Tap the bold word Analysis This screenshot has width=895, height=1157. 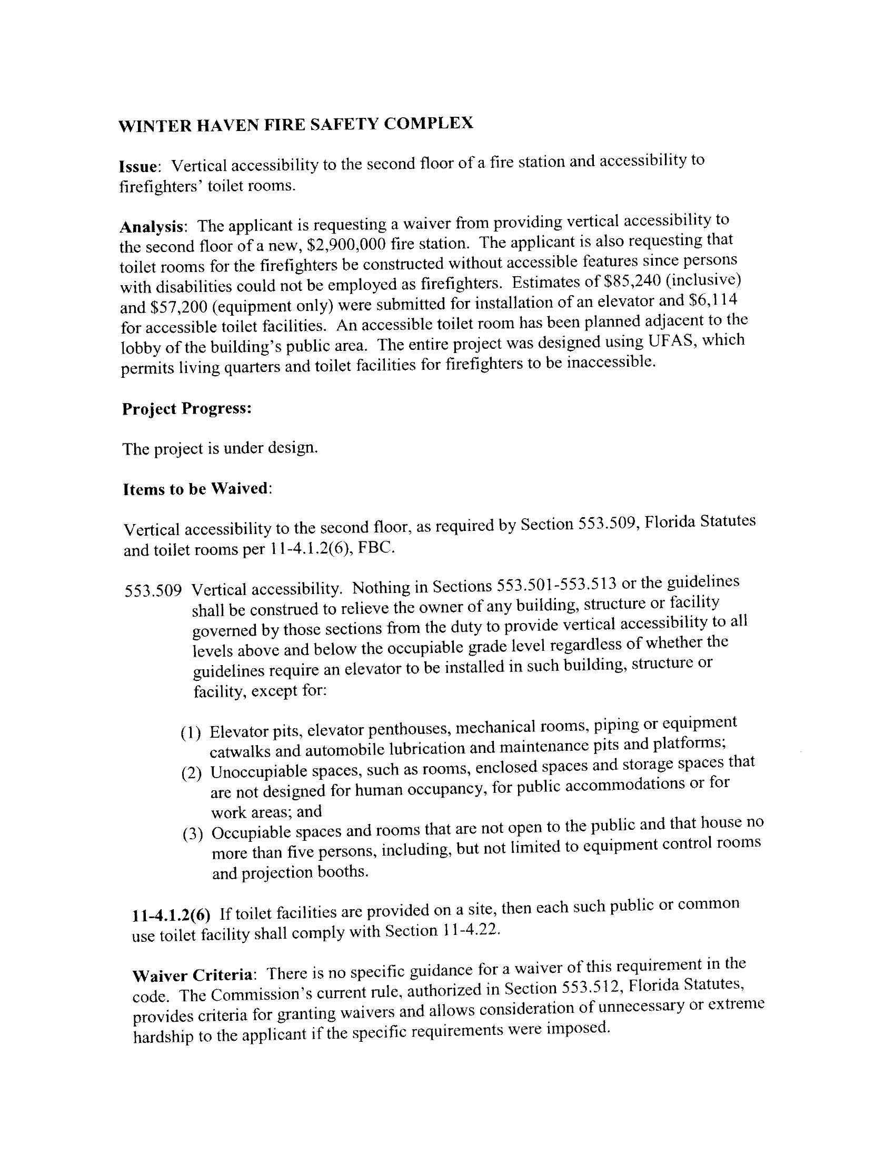point(153,227)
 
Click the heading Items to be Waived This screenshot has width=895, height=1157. point(196,488)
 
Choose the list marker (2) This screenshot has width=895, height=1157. point(192,774)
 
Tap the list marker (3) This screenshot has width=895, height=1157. point(193,835)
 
